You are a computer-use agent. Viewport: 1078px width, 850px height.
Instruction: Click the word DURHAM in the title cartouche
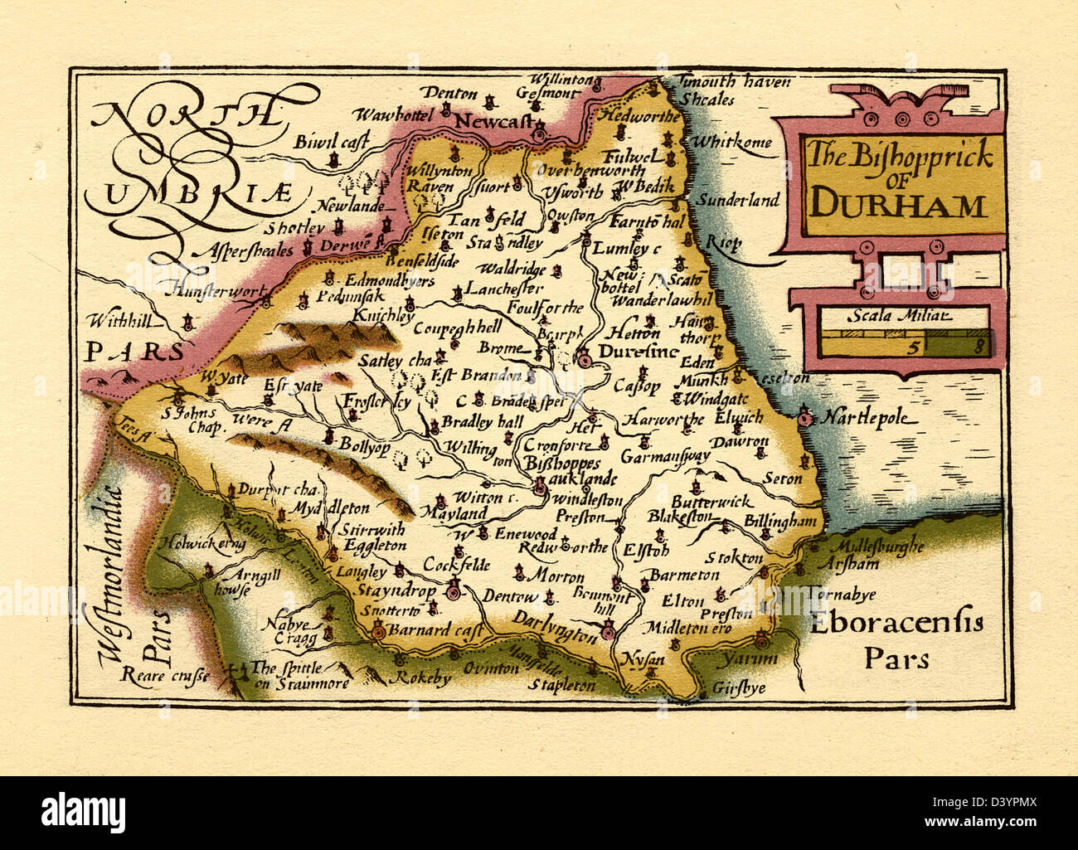coord(898,204)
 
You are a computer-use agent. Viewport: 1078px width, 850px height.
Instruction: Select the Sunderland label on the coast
coord(737,200)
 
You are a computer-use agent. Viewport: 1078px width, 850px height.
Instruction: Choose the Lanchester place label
coord(504,289)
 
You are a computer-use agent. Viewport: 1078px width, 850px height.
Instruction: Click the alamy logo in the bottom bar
coord(84,810)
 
